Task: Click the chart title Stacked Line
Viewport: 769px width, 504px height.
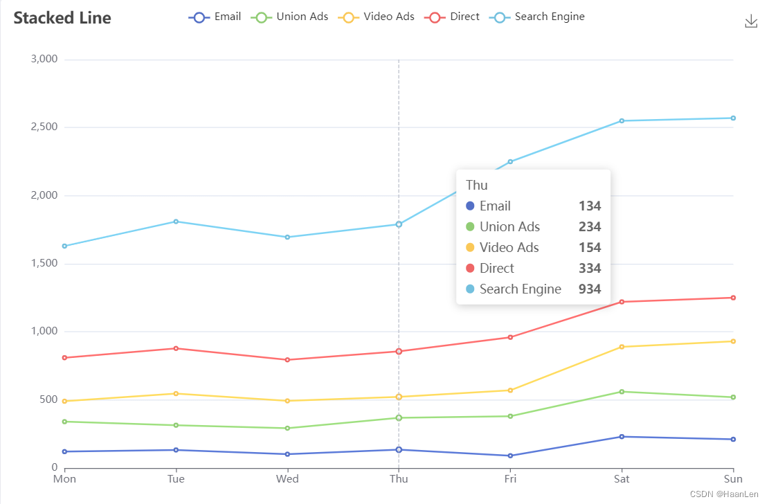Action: click(x=62, y=18)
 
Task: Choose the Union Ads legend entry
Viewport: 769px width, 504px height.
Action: click(x=289, y=17)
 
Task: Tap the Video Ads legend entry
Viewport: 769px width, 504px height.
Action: click(x=377, y=17)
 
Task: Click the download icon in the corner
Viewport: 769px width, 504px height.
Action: click(x=751, y=21)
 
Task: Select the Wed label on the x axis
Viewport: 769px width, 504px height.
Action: click(x=287, y=479)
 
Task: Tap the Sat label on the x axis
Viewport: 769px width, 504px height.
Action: click(x=622, y=479)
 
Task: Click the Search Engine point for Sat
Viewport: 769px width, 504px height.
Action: click(x=622, y=120)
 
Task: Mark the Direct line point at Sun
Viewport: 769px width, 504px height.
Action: click(x=733, y=298)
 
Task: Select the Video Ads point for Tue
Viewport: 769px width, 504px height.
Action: click(x=176, y=393)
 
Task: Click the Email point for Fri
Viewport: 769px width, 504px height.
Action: click(x=510, y=456)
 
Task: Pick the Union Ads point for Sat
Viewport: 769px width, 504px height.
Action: click(x=622, y=392)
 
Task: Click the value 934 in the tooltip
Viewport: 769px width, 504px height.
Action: click(x=590, y=289)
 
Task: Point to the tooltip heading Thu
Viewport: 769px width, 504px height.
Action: click(x=477, y=185)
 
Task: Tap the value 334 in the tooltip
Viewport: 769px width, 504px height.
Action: click(x=590, y=269)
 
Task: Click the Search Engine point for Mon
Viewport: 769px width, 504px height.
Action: click(x=64, y=246)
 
